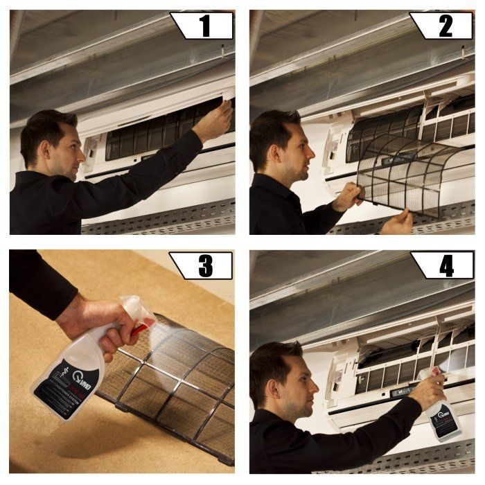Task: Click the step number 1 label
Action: click(204, 26)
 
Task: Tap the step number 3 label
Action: click(204, 265)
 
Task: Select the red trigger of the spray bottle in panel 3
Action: click(141, 326)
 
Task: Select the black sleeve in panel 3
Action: click(38, 284)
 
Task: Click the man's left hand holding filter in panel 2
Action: click(347, 197)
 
